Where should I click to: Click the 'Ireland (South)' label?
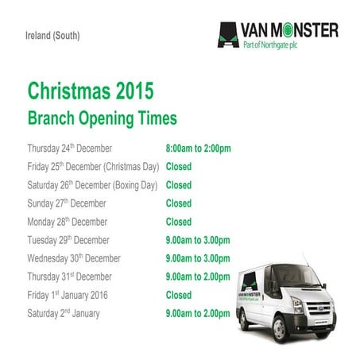[x=52, y=37]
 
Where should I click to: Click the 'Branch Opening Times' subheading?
[x=103, y=118]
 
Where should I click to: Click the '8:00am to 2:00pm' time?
[x=198, y=149]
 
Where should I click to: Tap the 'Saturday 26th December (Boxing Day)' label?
[x=94, y=185]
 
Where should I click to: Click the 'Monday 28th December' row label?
[x=67, y=222]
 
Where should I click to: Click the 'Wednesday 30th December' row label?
[x=74, y=258]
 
